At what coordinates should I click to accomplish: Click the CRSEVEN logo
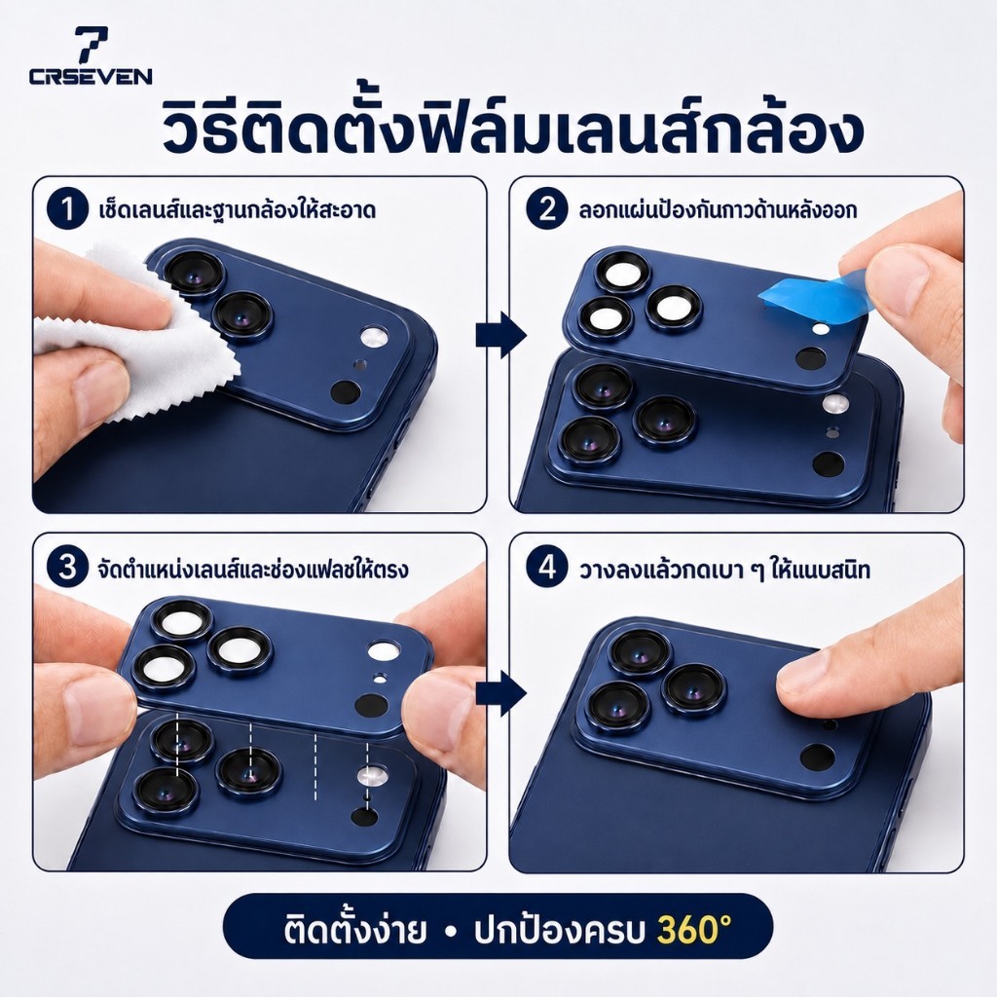[x=91, y=55]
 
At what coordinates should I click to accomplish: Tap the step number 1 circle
[x=67, y=209]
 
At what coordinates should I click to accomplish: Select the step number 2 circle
[x=546, y=209]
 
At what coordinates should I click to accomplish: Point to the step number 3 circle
[x=67, y=568]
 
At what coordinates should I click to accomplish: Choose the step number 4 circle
[x=546, y=568]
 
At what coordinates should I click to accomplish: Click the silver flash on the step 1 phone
[x=374, y=337]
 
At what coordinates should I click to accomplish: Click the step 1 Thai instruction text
[x=238, y=209]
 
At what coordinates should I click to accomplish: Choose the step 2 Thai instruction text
[x=718, y=209]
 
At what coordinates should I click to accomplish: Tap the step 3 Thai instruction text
[x=252, y=568]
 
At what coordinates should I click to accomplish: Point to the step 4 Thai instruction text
[x=723, y=569]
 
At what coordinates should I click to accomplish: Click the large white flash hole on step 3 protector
[x=384, y=650]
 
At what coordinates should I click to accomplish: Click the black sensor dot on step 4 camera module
[x=817, y=757]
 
